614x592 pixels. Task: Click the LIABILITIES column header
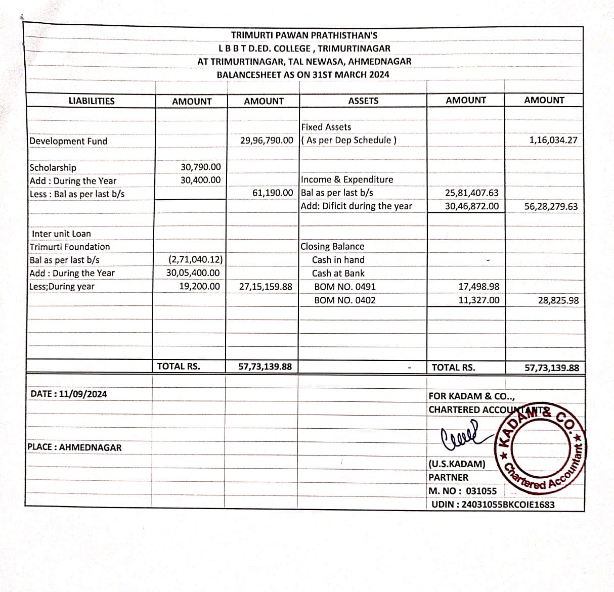[92, 101]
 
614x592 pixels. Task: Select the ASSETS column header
[363, 101]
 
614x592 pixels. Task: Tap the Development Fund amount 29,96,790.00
[267, 140]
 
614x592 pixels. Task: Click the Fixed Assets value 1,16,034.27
[553, 140]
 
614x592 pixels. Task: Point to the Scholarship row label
[53, 167]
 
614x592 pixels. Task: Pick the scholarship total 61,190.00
[273, 193]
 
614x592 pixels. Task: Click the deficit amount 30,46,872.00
[471, 206]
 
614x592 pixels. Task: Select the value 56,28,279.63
[551, 206]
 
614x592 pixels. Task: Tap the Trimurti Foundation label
[70, 247]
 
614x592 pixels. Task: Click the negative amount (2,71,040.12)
[195, 260]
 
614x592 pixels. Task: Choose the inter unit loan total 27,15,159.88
[266, 287]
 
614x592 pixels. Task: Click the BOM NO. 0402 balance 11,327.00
[478, 300]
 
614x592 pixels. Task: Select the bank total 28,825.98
[558, 300]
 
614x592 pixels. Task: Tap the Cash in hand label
[338, 260]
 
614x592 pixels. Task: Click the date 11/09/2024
[82, 394]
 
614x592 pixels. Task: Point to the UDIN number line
[493, 505]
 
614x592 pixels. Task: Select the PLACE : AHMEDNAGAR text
[74, 447]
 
